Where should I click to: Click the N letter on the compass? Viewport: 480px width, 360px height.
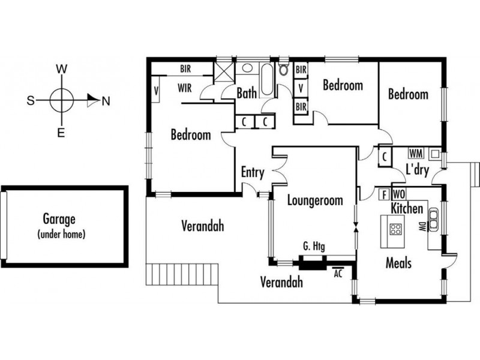(x=106, y=101)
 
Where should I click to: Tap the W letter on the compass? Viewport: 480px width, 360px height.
(x=62, y=69)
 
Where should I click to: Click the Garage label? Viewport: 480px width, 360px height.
(x=59, y=219)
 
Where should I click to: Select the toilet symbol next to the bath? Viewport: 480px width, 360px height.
(x=284, y=69)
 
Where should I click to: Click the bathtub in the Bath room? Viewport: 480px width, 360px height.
(x=266, y=79)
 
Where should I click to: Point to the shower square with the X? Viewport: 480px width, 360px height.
(x=224, y=71)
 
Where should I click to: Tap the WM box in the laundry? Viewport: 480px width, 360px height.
(x=416, y=153)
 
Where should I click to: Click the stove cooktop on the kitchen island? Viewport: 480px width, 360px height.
(x=395, y=229)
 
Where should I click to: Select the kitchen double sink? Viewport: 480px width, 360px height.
(x=433, y=220)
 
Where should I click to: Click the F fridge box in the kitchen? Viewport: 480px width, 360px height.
(x=384, y=194)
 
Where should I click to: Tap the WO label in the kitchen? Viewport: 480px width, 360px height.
(x=398, y=194)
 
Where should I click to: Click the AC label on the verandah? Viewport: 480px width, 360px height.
(x=338, y=274)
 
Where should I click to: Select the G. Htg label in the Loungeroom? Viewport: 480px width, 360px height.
(x=314, y=246)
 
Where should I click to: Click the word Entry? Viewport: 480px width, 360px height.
(x=253, y=172)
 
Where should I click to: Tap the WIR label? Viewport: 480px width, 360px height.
(x=185, y=88)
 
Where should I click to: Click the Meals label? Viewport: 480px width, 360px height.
(x=398, y=263)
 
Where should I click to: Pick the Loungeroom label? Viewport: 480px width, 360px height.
(x=315, y=200)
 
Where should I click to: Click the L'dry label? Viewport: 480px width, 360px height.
(x=417, y=169)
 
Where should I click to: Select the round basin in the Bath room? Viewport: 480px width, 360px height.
(x=247, y=68)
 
